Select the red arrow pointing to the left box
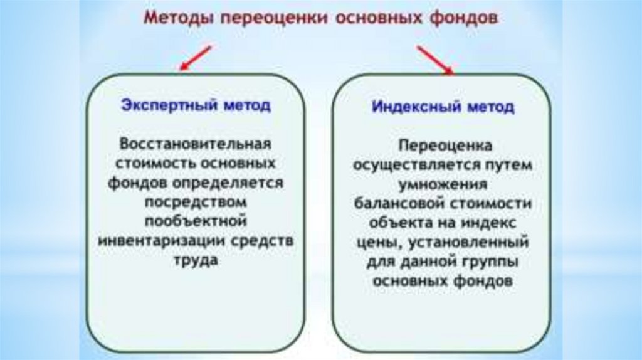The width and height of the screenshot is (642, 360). pyautogui.click(x=196, y=58)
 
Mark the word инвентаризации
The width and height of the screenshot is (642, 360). pyautogui.click(x=165, y=241)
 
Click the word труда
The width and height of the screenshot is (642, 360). pyautogui.click(x=195, y=260)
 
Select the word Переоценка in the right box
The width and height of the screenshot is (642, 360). pyautogui.click(x=443, y=145)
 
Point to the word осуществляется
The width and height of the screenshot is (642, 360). pyautogui.click(x=405, y=165)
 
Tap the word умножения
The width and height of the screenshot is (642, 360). pyautogui.click(x=443, y=184)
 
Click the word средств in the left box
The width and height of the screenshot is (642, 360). pyautogui.click(x=264, y=241)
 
